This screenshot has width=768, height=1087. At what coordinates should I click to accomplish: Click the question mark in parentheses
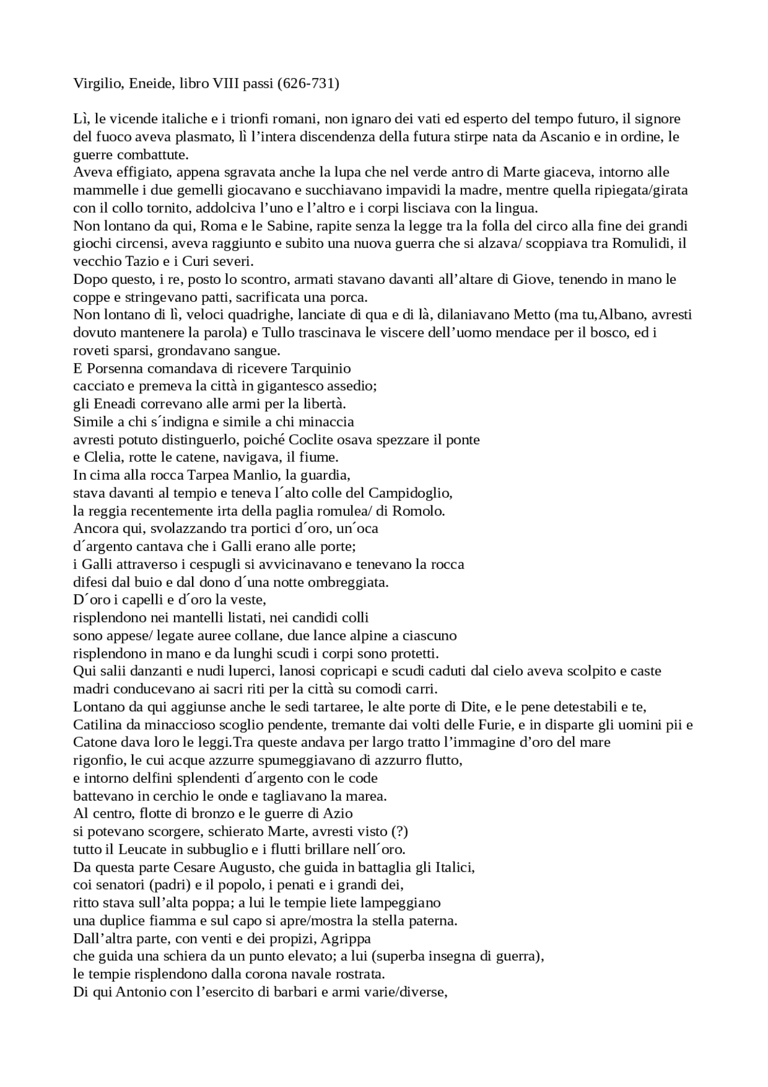coord(400,832)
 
